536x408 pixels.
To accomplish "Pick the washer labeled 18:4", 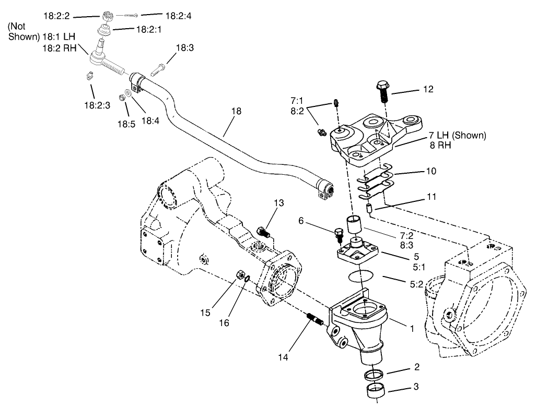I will pos(129,92).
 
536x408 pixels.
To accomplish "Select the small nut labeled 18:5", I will pos(122,97).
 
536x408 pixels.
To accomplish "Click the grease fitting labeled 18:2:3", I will pos(89,76).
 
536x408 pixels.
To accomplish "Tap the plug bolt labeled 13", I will pos(264,231).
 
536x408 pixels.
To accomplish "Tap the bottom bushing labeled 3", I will pos(373,390).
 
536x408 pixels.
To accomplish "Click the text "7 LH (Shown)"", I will pos(457,136).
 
